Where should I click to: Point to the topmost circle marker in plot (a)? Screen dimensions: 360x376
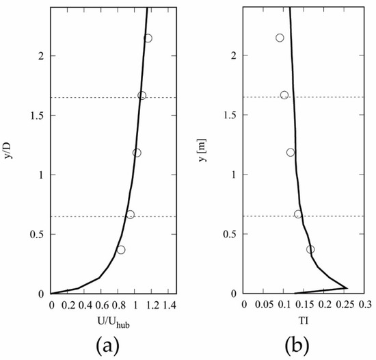[148, 38]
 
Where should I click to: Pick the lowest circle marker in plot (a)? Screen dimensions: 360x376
[121, 250]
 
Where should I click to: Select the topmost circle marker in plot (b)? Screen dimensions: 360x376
[280, 38]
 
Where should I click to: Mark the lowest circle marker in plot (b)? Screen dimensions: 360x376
[310, 249]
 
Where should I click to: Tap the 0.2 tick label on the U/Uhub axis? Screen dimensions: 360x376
[68, 303]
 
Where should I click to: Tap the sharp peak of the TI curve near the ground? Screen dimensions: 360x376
[347, 288]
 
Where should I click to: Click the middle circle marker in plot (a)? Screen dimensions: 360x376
[137, 153]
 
